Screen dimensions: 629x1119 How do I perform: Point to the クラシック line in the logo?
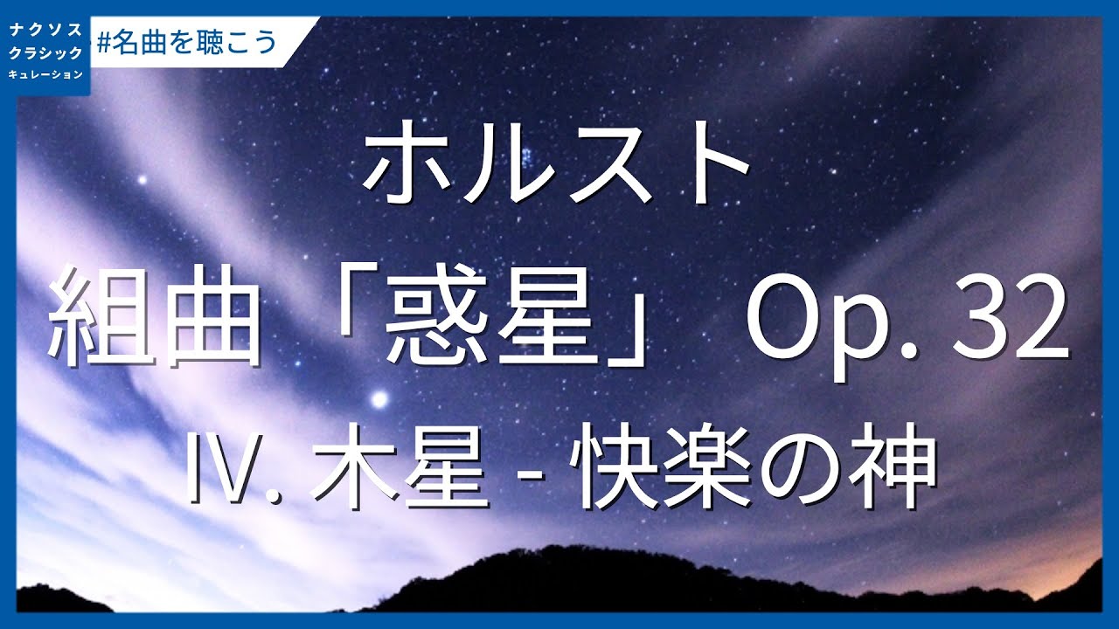click(x=45, y=53)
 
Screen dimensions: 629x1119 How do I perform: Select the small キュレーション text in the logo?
click(x=45, y=74)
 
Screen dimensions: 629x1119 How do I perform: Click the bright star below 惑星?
click(x=379, y=400)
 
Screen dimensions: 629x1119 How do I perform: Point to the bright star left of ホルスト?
click(x=142, y=181)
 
